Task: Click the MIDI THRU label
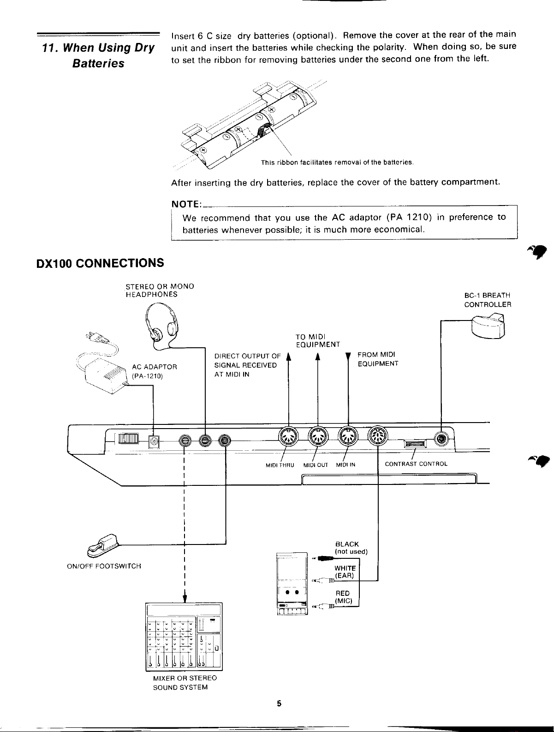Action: click(x=280, y=465)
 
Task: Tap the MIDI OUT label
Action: click(x=316, y=465)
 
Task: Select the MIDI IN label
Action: click(x=346, y=465)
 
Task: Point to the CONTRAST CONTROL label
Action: click(x=416, y=464)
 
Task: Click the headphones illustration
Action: click(x=161, y=326)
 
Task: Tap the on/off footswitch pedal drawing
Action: click(x=102, y=545)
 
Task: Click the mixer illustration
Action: click(x=184, y=636)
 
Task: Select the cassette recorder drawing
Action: click(x=292, y=584)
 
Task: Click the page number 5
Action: click(x=279, y=703)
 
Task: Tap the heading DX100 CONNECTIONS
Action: click(x=100, y=263)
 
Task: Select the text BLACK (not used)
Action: click(x=351, y=548)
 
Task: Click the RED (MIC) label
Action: click(x=343, y=597)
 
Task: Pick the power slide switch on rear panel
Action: click(x=128, y=439)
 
